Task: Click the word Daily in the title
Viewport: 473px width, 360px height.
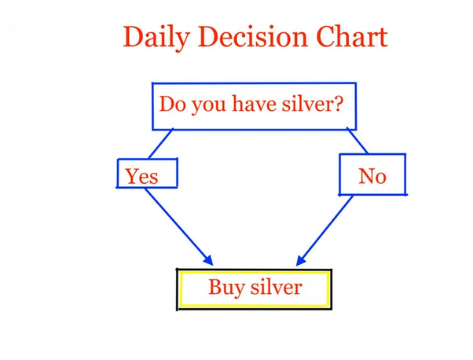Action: (156, 38)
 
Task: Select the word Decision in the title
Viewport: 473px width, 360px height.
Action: (253, 36)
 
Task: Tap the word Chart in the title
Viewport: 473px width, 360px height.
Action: (352, 36)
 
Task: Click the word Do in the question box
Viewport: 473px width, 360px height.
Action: (172, 104)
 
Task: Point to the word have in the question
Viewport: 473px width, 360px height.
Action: (255, 104)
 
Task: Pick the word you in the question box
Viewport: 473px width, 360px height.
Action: (209, 106)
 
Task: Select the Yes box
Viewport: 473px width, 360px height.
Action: (147, 173)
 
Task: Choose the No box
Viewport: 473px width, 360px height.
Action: (372, 174)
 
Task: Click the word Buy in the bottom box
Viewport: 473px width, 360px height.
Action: (226, 288)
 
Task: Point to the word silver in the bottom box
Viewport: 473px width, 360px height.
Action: (277, 287)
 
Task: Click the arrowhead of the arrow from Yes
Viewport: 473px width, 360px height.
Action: (208, 260)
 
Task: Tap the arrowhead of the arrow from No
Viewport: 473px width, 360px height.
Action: (301, 260)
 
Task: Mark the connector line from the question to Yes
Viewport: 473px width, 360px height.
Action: (161, 143)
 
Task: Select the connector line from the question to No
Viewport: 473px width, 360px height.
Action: (357, 141)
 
